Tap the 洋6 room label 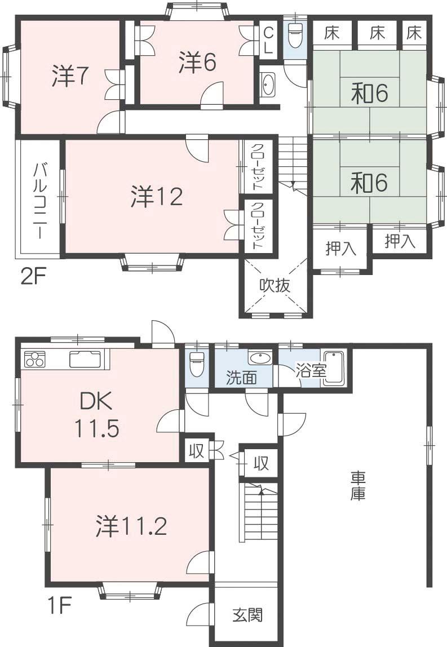pos(198,62)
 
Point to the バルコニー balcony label pos(39,200)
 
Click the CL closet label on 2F pos(268,39)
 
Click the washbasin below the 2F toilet pos(268,85)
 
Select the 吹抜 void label pos(275,285)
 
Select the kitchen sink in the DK pos(85,359)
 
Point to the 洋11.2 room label pos(130,526)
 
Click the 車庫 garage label pos(359,486)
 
